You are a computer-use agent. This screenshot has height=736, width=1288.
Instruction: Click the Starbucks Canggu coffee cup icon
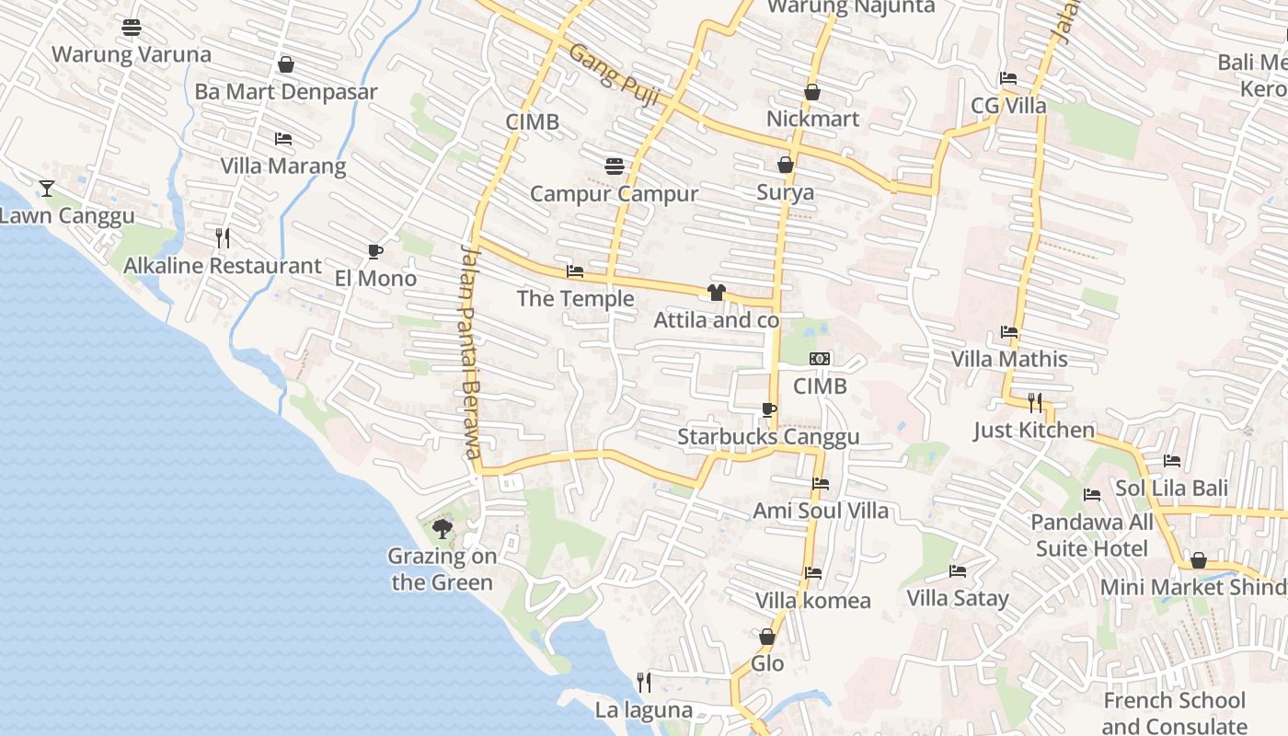(769, 409)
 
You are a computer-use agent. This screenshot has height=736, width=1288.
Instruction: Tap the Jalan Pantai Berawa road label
(470, 351)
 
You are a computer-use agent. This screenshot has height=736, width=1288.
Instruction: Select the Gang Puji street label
(614, 75)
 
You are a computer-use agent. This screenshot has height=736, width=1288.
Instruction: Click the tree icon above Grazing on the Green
(443, 529)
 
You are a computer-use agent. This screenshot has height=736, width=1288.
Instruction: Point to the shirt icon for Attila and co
(717, 293)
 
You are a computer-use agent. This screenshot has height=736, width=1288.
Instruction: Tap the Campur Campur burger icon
(615, 167)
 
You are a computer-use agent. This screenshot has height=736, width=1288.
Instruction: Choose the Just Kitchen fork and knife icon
(1035, 402)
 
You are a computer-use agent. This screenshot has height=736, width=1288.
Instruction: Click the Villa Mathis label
(1009, 359)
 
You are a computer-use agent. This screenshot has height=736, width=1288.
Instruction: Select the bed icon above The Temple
(575, 271)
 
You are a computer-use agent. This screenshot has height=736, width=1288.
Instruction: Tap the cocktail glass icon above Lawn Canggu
(47, 189)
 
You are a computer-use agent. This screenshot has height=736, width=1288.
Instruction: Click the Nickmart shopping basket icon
(812, 92)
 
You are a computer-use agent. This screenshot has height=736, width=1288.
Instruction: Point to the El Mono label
(375, 278)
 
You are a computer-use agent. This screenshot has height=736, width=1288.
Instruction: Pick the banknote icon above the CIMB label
(820, 359)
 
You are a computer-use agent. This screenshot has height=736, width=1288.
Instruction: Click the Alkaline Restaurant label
(223, 266)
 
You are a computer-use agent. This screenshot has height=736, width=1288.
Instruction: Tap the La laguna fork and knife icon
(644, 682)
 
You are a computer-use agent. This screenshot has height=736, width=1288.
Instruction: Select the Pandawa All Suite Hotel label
(1092, 535)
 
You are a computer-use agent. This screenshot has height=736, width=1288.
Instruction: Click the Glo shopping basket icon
(767, 637)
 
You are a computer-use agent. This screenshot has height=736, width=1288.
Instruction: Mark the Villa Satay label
(958, 598)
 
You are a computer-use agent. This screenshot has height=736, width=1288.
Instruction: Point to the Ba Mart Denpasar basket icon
(286, 65)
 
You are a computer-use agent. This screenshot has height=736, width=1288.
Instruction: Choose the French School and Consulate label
(1175, 713)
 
